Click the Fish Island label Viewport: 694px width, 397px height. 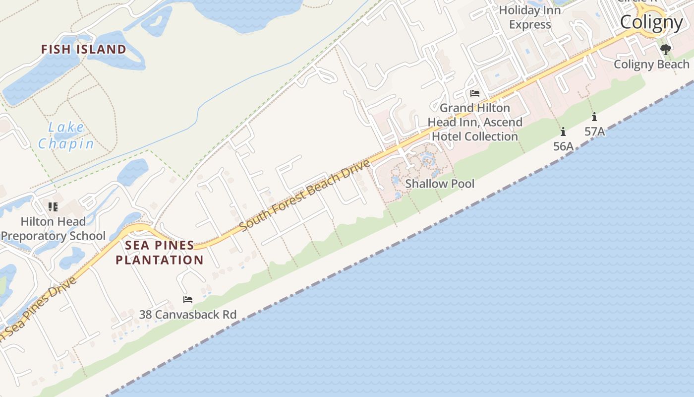83,49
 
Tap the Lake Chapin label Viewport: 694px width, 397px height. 66,135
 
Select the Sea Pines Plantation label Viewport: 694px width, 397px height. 160,253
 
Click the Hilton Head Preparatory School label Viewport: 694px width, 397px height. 53,229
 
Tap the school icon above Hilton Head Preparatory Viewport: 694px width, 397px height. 53,207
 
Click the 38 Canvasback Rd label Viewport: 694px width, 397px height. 187,315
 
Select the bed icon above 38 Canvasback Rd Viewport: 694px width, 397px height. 187,300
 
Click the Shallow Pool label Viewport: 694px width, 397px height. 440,184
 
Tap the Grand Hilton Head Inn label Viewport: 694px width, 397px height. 475,122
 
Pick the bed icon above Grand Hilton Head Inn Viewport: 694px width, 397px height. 474,93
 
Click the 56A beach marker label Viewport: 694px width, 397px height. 563,146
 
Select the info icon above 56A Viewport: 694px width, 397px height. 563,132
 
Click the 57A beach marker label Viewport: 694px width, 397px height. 594,132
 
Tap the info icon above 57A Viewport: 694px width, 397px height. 594,117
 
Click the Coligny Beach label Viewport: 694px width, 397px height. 651,65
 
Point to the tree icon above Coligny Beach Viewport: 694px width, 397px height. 666,50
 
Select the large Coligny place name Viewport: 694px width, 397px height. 651,22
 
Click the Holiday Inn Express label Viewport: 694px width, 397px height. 529,17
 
